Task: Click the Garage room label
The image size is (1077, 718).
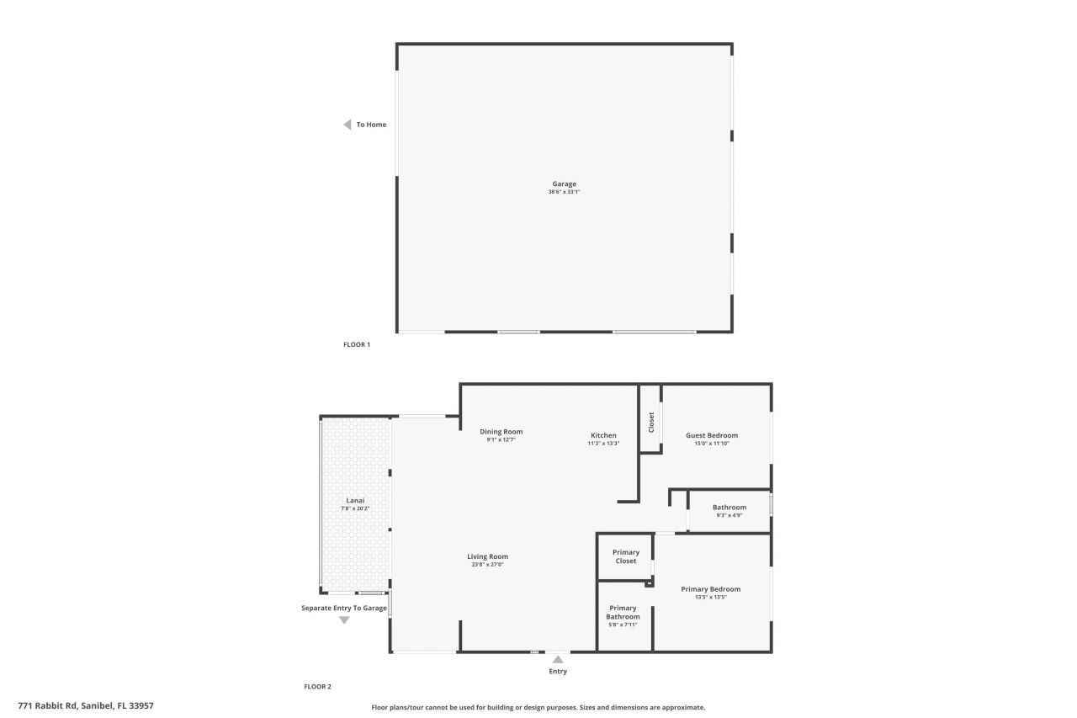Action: click(564, 183)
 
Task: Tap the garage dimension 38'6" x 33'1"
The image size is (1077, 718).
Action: click(564, 192)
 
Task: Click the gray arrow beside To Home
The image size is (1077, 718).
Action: click(347, 125)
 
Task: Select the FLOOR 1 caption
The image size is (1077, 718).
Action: click(357, 344)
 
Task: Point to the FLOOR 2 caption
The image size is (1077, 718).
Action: click(317, 687)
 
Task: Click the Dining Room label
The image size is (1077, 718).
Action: click(501, 432)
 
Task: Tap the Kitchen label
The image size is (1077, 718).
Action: click(603, 435)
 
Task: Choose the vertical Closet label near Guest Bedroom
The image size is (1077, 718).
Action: click(650, 422)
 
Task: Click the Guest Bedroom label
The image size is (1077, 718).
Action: click(711, 435)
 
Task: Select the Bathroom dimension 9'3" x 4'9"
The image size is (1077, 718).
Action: click(729, 515)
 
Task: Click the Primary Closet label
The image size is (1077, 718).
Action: click(625, 556)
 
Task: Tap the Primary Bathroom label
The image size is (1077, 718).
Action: click(623, 612)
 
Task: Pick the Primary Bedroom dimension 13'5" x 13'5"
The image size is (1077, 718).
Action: click(710, 597)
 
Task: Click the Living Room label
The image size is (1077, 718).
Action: click(487, 556)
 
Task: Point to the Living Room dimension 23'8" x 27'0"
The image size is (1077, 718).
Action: click(487, 564)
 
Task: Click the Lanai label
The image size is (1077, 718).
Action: click(355, 501)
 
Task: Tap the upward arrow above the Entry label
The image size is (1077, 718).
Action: click(558, 660)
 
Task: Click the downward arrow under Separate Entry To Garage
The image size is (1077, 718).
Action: click(344, 620)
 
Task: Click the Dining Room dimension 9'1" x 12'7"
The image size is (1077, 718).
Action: click(501, 439)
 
